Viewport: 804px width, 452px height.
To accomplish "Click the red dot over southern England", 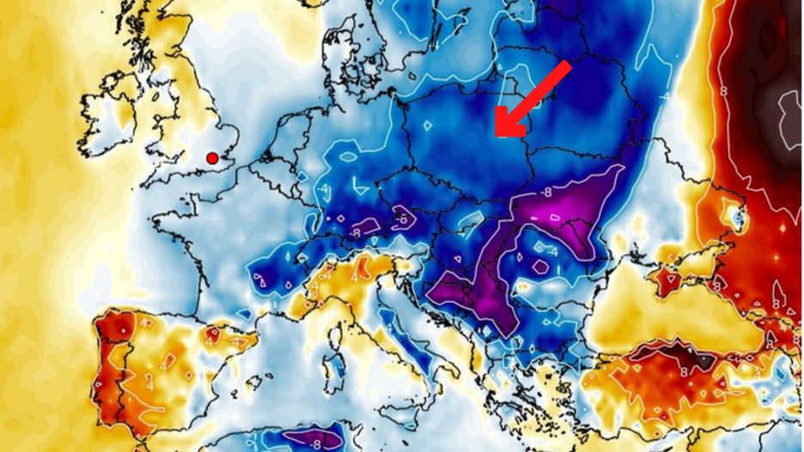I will (x=212, y=157).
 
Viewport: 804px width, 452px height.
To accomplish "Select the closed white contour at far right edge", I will (x=788, y=120).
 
